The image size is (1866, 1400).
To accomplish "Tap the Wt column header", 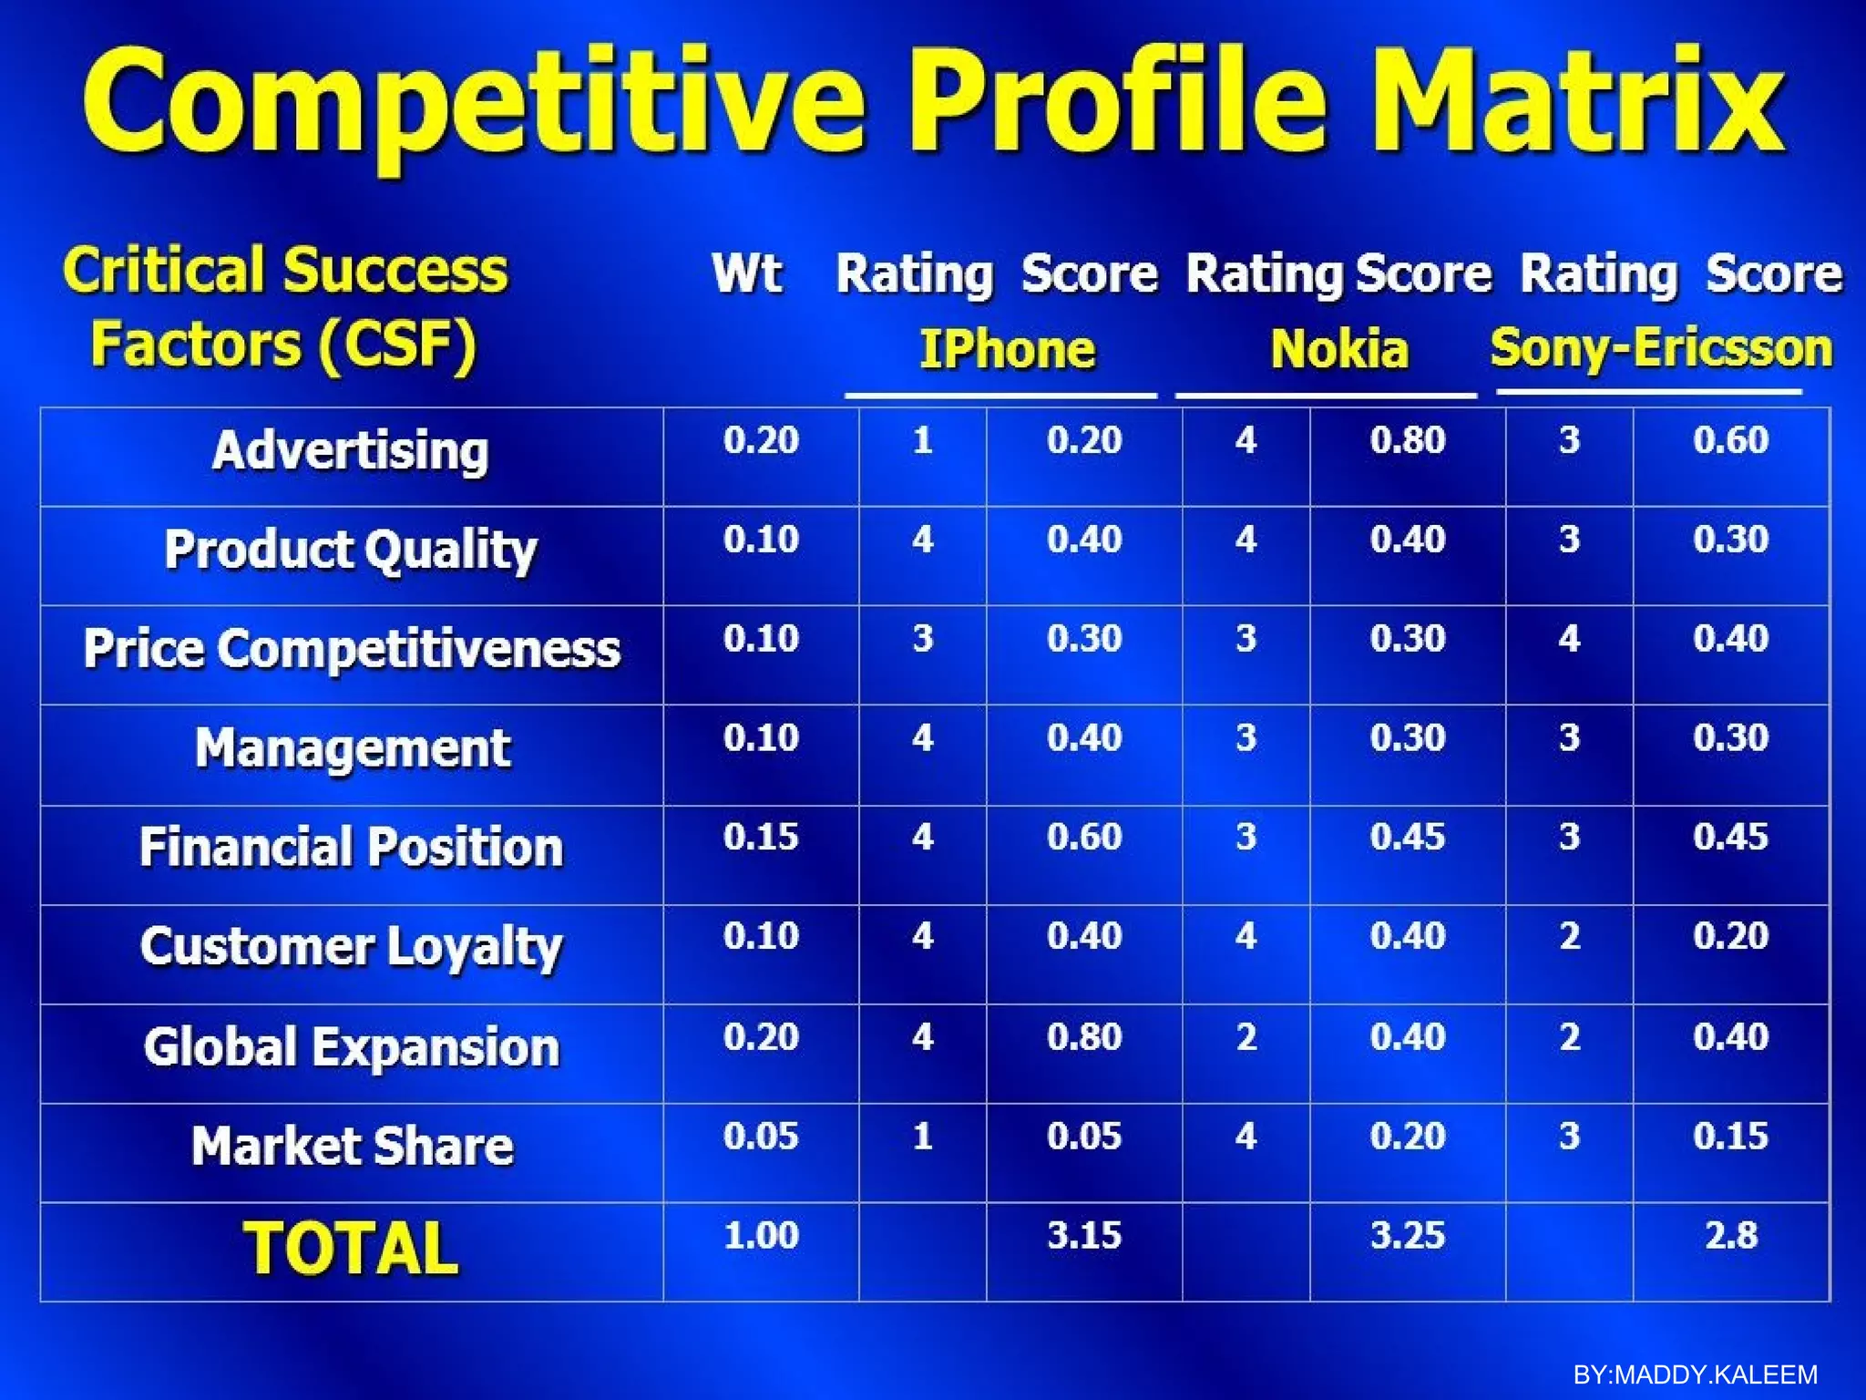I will (746, 273).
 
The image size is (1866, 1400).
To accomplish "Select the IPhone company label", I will (1007, 349).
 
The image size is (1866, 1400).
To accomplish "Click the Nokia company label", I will (1339, 349).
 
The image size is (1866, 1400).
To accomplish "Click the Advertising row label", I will (351, 450).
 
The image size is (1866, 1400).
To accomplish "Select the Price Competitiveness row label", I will (352, 649).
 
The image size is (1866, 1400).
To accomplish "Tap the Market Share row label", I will (352, 1146).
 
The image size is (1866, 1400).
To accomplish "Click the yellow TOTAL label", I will (351, 1248).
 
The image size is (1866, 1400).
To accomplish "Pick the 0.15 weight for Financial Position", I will (761, 837).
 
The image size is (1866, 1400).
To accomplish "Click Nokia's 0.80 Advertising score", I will (1407, 440).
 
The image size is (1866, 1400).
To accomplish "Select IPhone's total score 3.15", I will (1083, 1235).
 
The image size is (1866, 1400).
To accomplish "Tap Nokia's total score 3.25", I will (1407, 1235).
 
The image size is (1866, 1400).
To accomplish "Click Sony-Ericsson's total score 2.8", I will (1730, 1235).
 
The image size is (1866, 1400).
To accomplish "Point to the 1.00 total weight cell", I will (761, 1235).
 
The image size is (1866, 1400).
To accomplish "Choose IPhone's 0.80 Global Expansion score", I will (1083, 1036).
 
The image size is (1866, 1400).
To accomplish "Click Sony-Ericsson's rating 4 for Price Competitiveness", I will (1568, 638).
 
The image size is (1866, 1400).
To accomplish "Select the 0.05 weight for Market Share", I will (761, 1136).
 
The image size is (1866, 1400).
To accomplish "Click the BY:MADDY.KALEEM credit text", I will (1695, 1374).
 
